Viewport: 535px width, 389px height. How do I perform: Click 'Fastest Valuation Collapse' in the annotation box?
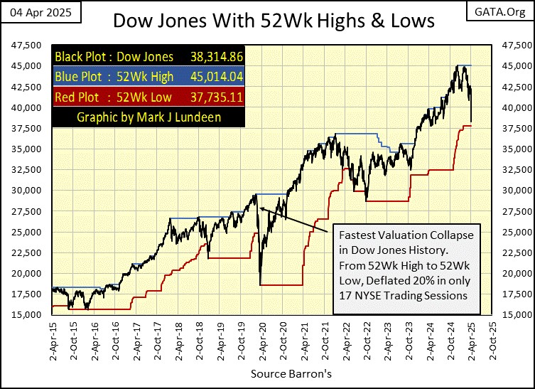[x=405, y=234]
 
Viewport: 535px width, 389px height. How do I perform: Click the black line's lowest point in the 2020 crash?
[x=261, y=284]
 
